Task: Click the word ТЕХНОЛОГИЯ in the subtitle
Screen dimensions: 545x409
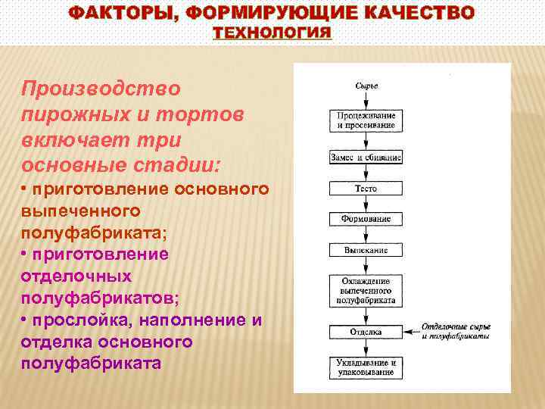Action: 272,33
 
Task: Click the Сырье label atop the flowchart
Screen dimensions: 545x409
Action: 366,86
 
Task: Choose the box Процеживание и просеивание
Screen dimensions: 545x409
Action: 366,120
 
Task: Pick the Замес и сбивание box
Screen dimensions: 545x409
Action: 366,158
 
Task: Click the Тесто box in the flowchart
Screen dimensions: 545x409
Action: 366,188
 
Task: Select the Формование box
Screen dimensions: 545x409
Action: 366,219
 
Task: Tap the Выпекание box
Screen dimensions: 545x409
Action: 366,249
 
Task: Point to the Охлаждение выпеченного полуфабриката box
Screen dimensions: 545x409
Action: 366,290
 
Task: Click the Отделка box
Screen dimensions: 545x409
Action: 366,332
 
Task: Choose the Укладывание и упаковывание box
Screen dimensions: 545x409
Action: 366,368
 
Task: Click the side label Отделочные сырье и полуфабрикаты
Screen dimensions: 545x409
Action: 456,331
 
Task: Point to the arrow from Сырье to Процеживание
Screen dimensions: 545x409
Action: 366,99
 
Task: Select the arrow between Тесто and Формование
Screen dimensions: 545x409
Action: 366,203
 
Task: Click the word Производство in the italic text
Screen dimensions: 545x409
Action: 101,89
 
